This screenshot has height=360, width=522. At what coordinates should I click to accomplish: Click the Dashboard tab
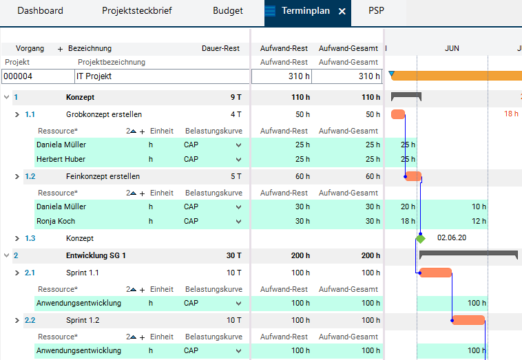[40, 10]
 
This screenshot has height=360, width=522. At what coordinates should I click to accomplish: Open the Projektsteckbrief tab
[137, 10]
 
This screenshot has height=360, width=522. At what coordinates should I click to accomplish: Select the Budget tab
[228, 10]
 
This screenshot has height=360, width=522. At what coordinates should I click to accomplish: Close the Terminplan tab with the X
[342, 11]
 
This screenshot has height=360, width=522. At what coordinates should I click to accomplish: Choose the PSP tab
[376, 10]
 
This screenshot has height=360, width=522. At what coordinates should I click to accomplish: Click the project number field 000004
[38, 76]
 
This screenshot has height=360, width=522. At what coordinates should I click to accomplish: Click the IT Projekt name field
[162, 76]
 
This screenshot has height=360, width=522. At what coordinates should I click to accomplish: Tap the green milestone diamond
[421, 239]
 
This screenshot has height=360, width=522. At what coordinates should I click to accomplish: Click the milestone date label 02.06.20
[452, 237]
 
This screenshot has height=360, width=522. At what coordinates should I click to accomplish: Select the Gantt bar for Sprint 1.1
[435, 273]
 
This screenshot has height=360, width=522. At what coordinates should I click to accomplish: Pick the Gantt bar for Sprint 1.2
[468, 320]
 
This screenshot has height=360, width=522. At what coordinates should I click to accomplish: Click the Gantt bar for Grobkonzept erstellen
[398, 114]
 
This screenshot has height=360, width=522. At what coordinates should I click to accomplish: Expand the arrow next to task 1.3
[17, 239]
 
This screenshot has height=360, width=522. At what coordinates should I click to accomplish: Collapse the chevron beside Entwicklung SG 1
[6, 255]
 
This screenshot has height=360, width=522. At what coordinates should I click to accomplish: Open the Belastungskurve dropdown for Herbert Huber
[238, 160]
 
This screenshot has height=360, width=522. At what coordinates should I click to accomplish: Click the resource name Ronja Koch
[56, 221]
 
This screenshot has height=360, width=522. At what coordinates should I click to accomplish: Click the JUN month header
[452, 49]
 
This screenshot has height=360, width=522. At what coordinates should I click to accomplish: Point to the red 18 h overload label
[511, 114]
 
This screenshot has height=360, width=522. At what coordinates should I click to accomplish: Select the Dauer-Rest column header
[220, 49]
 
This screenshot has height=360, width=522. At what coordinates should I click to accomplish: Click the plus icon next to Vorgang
[60, 50]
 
